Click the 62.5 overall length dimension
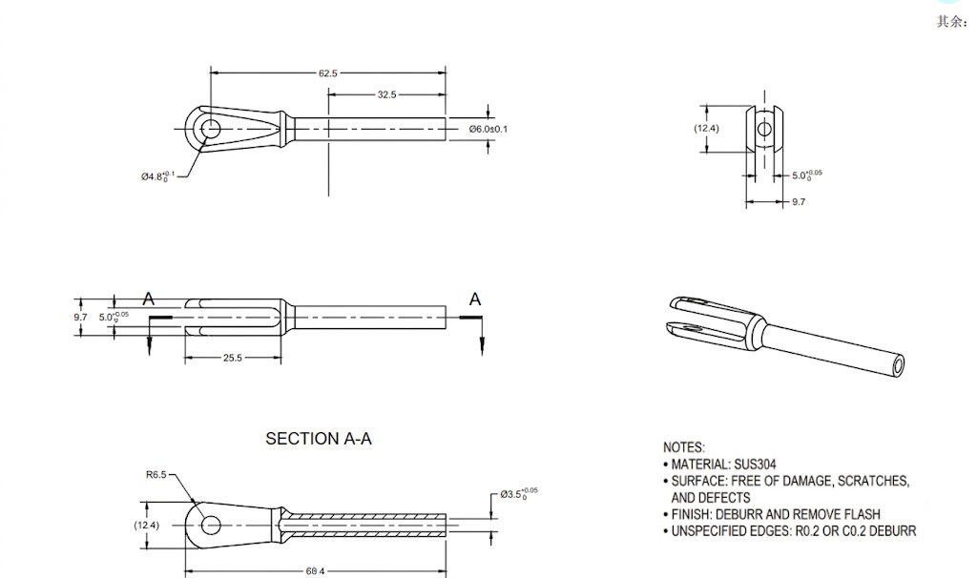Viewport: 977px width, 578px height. click(x=328, y=73)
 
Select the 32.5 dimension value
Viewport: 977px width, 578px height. click(x=386, y=94)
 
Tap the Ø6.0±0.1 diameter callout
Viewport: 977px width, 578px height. click(x=488, y=129)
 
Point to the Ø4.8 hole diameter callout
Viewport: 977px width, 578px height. click(x=157, y=176)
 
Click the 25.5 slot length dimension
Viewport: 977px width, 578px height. click(x=233, y=358)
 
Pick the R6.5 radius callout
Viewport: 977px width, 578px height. click(x=156, y=475)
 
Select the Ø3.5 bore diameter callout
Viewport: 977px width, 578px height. click(x=519, y=494)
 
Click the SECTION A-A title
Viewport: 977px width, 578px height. click(x=319, y=439)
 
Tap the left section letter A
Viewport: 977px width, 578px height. click(x=148, y=299)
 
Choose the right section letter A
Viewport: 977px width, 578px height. click(x=475, y=299)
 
